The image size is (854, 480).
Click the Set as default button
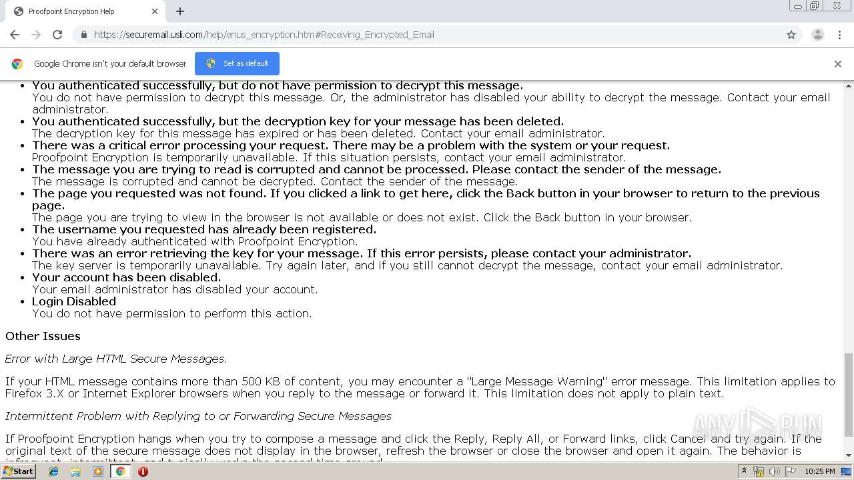click(237, 63)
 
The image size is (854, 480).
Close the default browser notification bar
click(837, 64)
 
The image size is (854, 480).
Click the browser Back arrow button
click(15, 35)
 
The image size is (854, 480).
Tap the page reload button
click(57, 35)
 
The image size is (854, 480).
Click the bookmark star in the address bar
click(791, 35)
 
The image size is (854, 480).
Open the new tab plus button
click(180, 11)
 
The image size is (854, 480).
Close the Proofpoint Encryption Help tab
click(155, 11)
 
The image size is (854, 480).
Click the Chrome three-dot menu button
click(839, 35)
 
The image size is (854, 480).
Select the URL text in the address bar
click(264, 35)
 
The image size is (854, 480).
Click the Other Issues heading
click(43, 336)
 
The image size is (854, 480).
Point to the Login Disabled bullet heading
click(74, 301)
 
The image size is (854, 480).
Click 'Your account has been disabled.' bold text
click(126, 277)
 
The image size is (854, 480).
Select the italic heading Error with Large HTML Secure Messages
click(116, 359)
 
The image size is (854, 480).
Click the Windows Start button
click(18, 471)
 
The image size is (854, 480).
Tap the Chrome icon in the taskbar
click(120, 471)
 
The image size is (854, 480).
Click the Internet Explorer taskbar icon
click(53, 471)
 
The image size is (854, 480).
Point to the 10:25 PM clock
click(819, 471)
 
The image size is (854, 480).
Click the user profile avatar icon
click(817, 35)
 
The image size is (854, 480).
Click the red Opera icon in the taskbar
click(143, 471)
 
